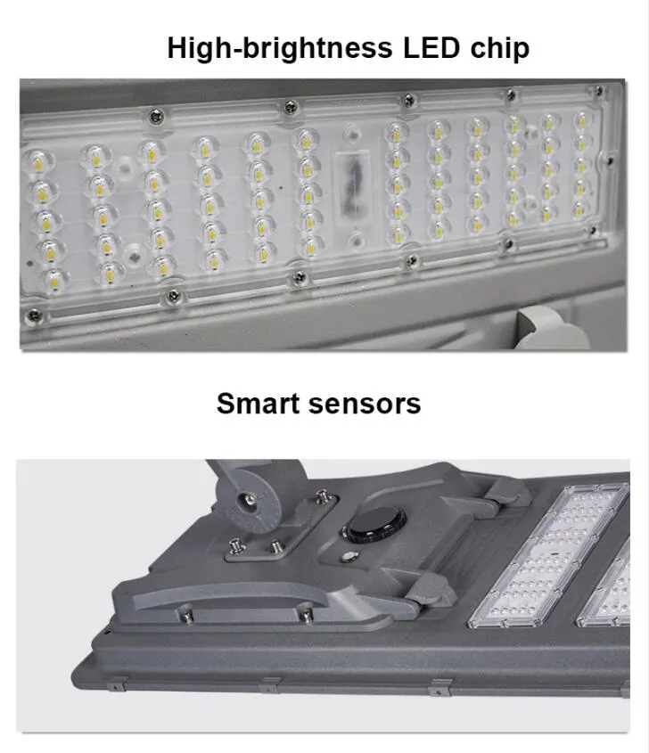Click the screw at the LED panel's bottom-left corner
[34, 315]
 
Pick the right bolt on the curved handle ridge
[304, 612]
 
